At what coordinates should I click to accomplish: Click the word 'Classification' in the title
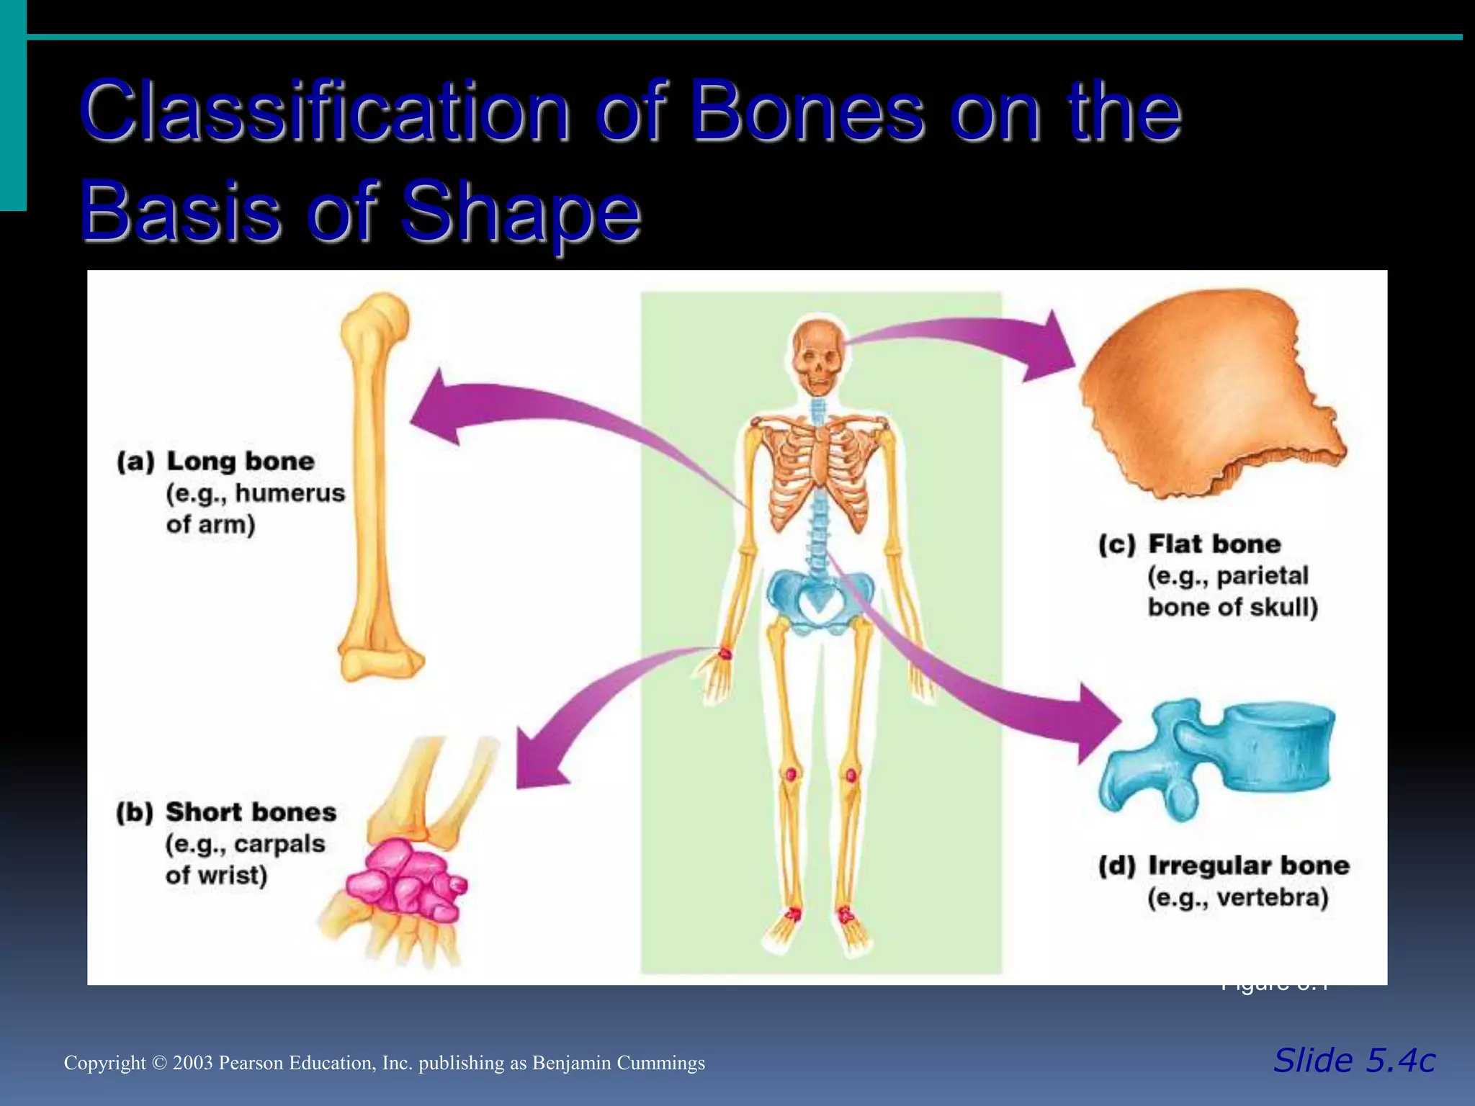(x=324, y=112)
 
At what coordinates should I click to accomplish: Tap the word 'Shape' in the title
(x=520, y=212)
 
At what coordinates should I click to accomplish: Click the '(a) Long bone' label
(x=216, y=461)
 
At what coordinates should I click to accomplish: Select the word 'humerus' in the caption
(x=290, y=493)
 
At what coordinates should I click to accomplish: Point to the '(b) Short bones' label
(x=226, y=812)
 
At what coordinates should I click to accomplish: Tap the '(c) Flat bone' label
(x=1190, y=544)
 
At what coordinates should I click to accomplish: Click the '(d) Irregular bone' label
(x=1224, y=866)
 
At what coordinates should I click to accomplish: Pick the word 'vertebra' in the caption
(x=1272, y=898)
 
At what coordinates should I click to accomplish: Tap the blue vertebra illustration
(x=1217, y=756)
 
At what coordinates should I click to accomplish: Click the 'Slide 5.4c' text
(x=1354, y=1061)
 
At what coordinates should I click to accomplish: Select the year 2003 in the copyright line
(x=193, y=1064)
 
